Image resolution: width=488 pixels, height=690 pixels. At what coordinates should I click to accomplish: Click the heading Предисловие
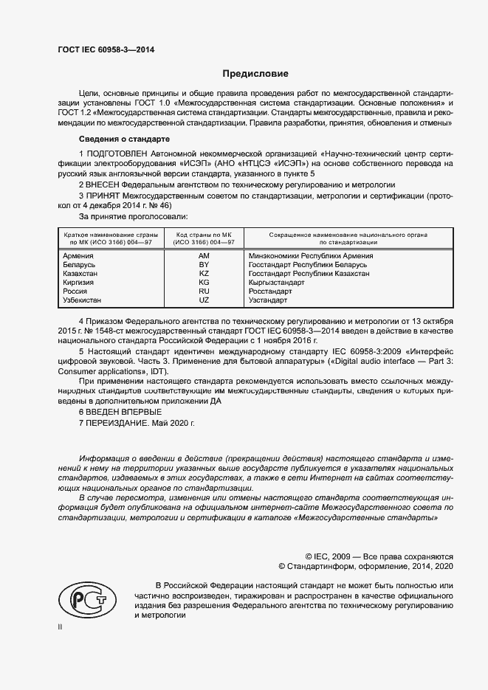255,74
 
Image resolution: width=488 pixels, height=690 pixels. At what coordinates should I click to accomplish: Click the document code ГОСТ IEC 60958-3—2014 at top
106,51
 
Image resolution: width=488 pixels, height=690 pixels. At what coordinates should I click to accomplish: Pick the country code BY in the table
205,265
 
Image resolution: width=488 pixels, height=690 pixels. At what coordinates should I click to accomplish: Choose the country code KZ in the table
205,274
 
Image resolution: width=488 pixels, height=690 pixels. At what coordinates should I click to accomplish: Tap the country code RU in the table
205,291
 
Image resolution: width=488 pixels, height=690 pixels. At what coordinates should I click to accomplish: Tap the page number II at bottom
60,627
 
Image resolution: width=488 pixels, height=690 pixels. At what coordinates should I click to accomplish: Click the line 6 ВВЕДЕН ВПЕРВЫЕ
119,411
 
